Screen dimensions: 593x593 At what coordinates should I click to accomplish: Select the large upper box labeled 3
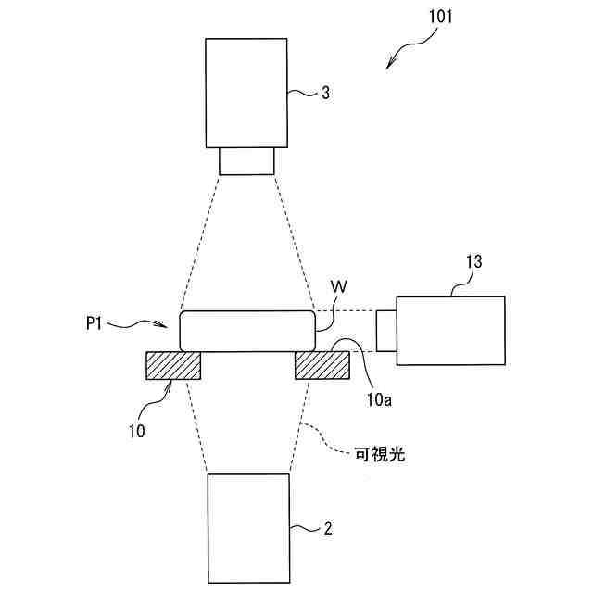tap(246, 92)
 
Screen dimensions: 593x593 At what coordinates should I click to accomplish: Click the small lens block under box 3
tap(246, 160)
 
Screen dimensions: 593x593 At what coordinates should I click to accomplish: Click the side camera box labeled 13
tap(450, 330)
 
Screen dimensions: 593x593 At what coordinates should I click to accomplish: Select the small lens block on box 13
tap(386, 330)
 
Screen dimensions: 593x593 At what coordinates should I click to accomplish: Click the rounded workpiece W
tap(246, 331)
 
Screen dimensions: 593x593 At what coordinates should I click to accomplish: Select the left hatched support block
tap(173, 366)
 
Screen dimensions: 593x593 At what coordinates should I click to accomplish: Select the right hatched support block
tap(322, 366)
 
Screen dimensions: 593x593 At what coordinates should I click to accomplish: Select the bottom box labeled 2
tap(246, 528)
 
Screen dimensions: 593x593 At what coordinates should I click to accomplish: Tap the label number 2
tap(327, 529)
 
